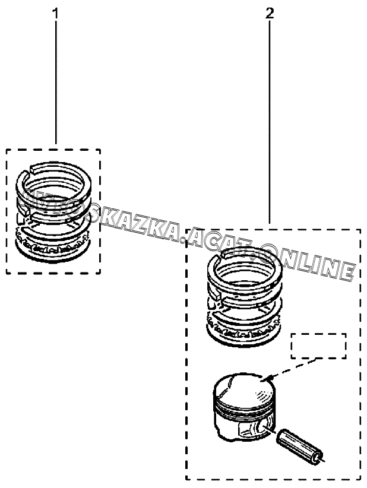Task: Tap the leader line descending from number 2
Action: point(270,119)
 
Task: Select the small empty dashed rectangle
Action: point(318,346)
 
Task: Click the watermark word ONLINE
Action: point(309,262)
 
